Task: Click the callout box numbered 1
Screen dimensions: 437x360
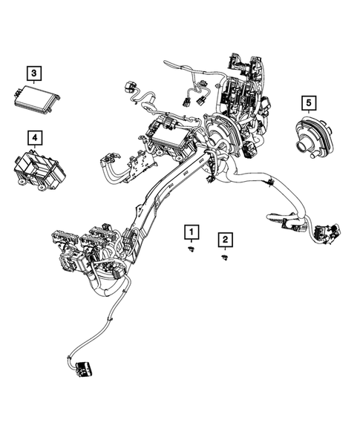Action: pyautogui.click(x=192, y=233)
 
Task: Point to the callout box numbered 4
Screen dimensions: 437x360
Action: pyautogui.click(x=34, y=138)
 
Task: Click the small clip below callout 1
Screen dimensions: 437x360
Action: pyautogui.click(x=192, y=252)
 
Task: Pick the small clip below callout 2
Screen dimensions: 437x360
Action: pyautogui.click(x=224, y=257)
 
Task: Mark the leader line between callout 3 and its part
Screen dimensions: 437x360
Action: pyautogui.click(x=34, y=83)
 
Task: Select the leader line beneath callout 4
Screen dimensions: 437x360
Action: pyautogui.click(x=34, y=148)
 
